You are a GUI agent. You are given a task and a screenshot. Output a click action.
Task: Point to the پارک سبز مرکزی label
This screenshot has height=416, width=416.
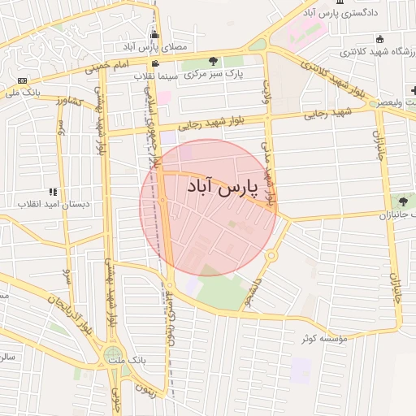(x=214, y=74)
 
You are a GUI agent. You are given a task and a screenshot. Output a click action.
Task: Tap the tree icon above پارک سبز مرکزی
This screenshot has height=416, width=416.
(x=214, y=61)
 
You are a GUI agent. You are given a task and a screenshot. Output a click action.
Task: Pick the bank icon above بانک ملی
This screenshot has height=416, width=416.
(x=21, y=80)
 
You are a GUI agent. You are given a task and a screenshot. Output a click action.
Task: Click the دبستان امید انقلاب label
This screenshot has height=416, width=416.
(x=54, y=204)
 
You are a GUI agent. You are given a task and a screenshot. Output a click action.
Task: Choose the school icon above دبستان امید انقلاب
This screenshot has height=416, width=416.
(x=54, y=192)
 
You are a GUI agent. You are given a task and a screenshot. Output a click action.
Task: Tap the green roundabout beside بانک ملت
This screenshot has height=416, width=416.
(x=113, y=356)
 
